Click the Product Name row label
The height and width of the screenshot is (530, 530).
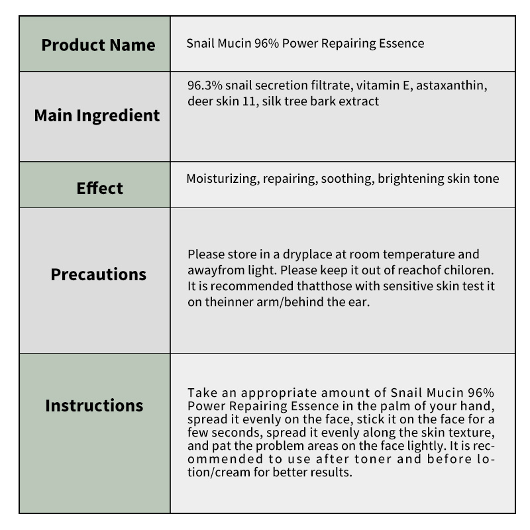tap(98, 45)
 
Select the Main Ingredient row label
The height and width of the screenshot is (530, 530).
tap(97, 115)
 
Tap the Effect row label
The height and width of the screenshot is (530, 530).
tap(99, 188)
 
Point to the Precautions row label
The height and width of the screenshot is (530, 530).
tap(99, 274)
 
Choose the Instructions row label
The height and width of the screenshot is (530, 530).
tap(94, 405)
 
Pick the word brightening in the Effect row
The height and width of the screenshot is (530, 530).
tap(411, 179)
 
